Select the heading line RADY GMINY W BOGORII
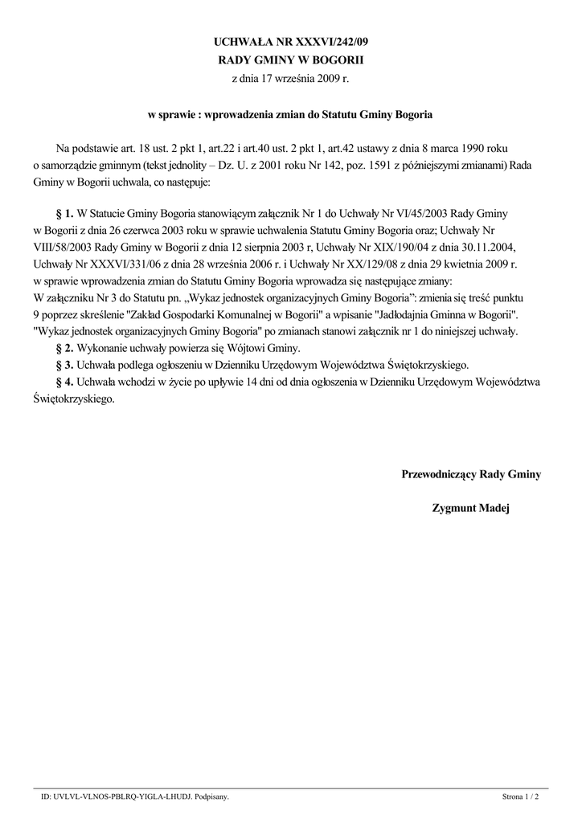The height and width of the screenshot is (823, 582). [x=291, y=59]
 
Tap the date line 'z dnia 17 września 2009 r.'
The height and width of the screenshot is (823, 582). [x=291, y=79]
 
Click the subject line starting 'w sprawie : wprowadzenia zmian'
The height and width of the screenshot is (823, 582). [x=290, y=115]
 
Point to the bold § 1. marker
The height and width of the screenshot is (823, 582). [x=64, y=215]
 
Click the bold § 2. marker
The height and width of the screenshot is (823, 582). [x=64, y=348]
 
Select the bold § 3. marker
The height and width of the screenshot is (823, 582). [x=64, y=365]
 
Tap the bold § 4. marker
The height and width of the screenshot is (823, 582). [x=64, y=382]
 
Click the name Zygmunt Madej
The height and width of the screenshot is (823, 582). [x=471, y=508]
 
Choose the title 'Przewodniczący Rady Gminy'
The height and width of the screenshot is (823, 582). [x=471, y=474]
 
